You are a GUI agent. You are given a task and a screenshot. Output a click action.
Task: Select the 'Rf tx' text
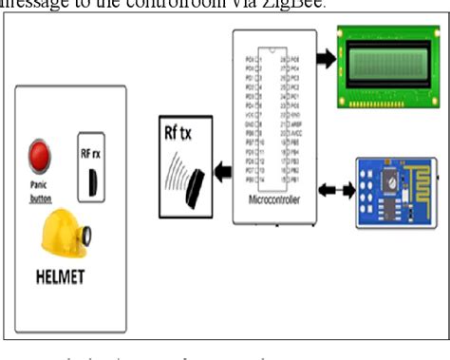pos(178,132)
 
